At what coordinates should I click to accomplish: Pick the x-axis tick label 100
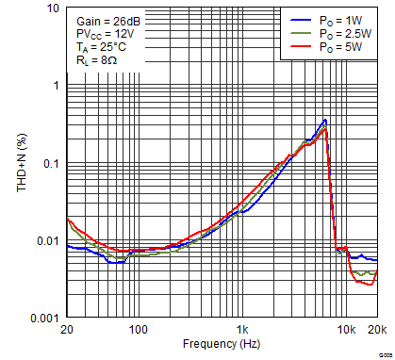click(139, 330)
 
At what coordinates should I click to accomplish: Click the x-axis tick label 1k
click(242, 330)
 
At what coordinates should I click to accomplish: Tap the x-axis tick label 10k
click(346, 330)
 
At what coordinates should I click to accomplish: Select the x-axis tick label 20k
click(377, 330)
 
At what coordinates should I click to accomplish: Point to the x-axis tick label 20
click(66, 330)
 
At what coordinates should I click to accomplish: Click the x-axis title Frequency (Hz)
click(221, 345)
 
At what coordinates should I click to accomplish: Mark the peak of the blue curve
click(324, 120)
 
